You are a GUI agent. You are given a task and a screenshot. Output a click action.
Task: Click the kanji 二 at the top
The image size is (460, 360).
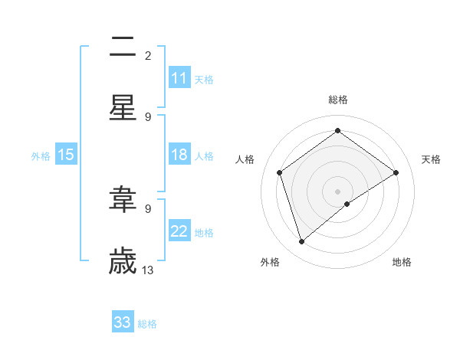123,48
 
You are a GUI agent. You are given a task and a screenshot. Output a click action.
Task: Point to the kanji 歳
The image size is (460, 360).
123,261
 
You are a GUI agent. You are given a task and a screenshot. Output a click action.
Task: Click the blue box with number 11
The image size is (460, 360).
179,78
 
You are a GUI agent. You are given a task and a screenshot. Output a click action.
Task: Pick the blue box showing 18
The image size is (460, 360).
179,155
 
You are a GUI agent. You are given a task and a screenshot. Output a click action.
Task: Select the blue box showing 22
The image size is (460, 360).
179,232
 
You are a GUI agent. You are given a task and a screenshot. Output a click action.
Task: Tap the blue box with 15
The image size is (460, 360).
66,155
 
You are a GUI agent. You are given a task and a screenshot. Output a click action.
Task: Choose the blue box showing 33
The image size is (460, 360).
123,322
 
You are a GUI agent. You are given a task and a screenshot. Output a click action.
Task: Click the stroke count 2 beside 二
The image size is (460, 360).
147,56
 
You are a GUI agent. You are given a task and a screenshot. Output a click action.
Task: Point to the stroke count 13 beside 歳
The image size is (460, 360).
148,270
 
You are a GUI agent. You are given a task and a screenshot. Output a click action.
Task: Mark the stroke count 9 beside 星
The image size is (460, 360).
147,116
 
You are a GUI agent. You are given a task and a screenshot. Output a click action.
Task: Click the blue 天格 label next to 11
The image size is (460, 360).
204,79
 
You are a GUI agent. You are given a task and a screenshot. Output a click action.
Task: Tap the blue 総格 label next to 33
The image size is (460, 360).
147,324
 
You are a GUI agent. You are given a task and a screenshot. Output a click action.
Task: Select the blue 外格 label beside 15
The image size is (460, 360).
41,156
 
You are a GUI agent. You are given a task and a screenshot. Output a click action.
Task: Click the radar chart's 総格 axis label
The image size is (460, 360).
338,100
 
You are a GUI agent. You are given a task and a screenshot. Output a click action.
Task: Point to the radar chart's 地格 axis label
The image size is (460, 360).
402,263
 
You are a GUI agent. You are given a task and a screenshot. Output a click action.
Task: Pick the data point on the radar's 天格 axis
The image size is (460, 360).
396,172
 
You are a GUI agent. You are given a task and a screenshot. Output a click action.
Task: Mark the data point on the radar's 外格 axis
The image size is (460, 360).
301,241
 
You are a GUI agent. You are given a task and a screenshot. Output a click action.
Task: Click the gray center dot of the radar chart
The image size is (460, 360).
338,191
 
